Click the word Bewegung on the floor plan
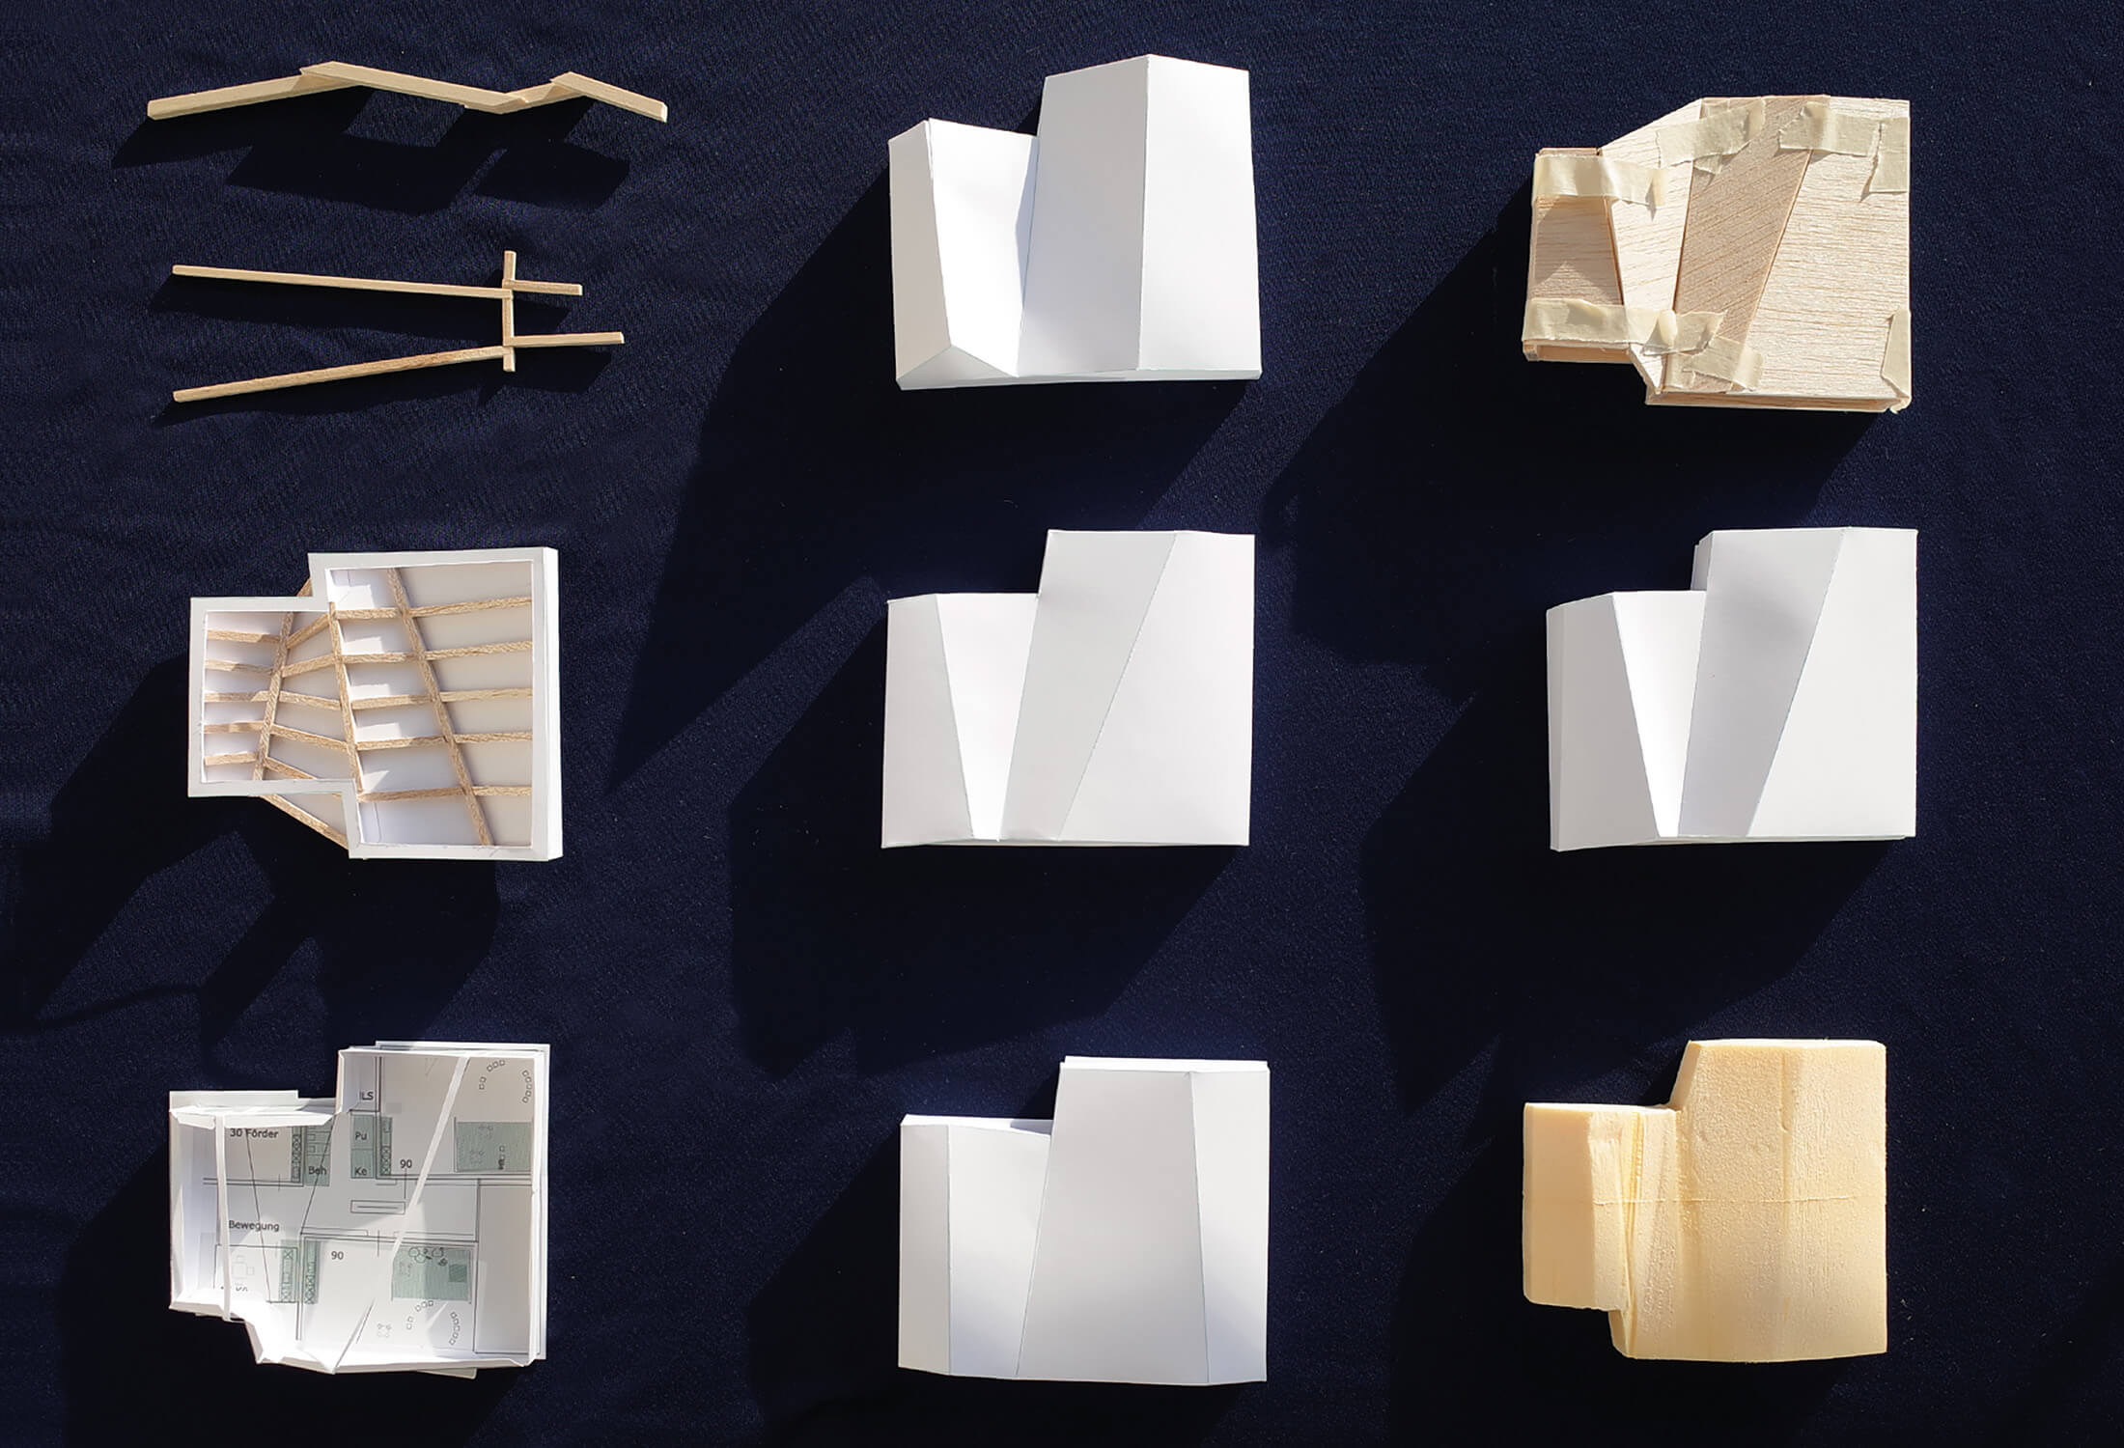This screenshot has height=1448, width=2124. coord(254,1225)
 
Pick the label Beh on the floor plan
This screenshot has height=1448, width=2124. coord(315,1170)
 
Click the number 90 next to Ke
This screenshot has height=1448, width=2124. coord(406,1164)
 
